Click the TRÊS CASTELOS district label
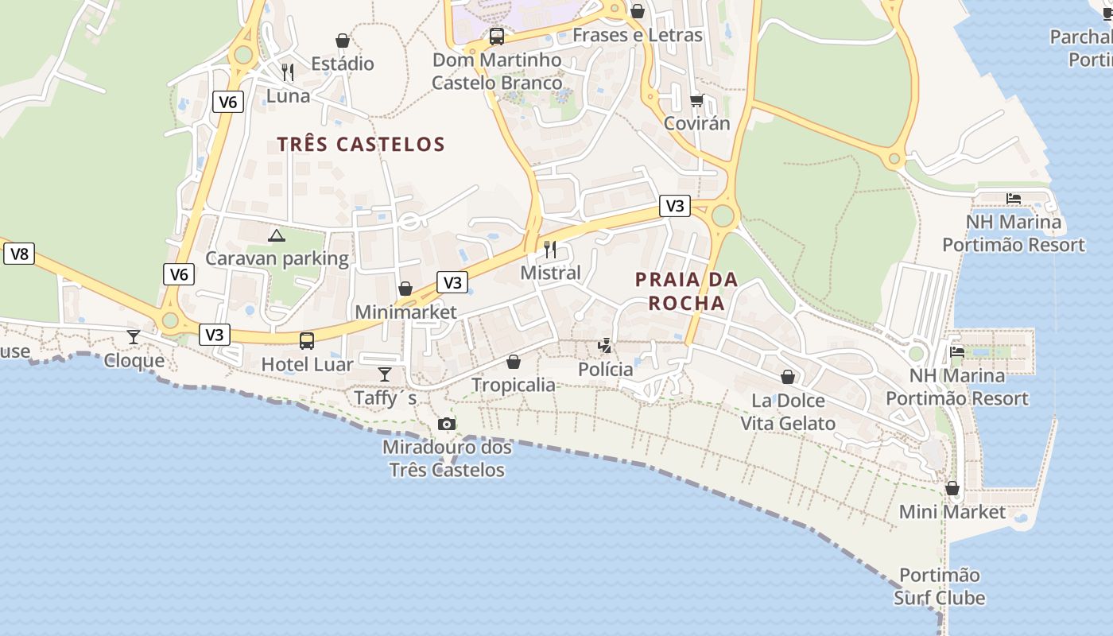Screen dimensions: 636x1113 [361, 144]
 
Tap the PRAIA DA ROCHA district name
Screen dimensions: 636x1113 [687, 291]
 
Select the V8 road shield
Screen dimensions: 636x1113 [19, 254]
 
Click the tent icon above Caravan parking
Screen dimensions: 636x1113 [276, 235]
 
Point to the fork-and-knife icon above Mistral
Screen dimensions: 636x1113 [550, 250]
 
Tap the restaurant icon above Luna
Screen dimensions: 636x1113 [288, 72]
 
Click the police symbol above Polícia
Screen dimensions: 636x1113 [606, 346]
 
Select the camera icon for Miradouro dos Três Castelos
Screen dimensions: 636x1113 [447, 424]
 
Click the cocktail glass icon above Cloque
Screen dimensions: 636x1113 [134, 337]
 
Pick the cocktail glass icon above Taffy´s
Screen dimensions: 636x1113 [385, 374]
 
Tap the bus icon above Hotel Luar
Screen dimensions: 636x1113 [306, 341]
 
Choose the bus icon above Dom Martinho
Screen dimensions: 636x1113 [497, 36]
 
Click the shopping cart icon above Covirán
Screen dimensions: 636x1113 [697, 100]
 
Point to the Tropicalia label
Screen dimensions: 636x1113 [514, 385]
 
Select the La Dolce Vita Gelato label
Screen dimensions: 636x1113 [788, 412]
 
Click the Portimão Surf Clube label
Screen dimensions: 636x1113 [940, 586]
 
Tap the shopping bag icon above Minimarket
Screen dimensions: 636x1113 [405, 289]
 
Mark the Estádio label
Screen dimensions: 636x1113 [343, 64]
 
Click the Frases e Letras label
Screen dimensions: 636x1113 [638, 35]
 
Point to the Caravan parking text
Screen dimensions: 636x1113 [277, 258]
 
